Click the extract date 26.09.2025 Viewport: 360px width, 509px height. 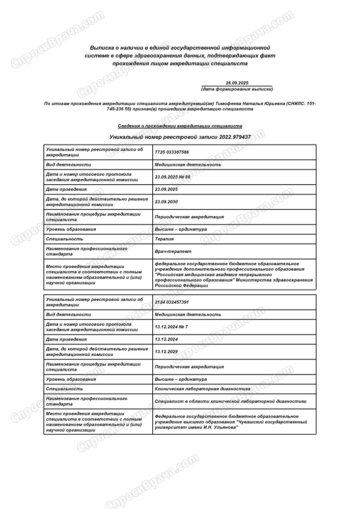237,82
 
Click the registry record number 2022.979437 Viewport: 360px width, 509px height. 235,137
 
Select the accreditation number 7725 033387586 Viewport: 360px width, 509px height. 172,152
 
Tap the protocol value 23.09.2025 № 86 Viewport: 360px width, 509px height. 173,177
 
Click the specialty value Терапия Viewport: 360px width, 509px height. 164,239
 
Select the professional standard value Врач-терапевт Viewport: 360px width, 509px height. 173,251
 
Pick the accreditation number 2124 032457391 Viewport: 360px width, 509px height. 172,302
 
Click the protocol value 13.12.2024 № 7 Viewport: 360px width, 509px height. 171,327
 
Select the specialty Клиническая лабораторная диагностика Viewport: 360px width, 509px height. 202,389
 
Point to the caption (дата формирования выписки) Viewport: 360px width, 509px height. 237,89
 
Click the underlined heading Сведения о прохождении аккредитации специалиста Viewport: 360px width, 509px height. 180,126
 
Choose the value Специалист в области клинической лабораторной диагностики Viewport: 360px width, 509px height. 230,401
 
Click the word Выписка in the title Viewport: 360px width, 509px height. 102,46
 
